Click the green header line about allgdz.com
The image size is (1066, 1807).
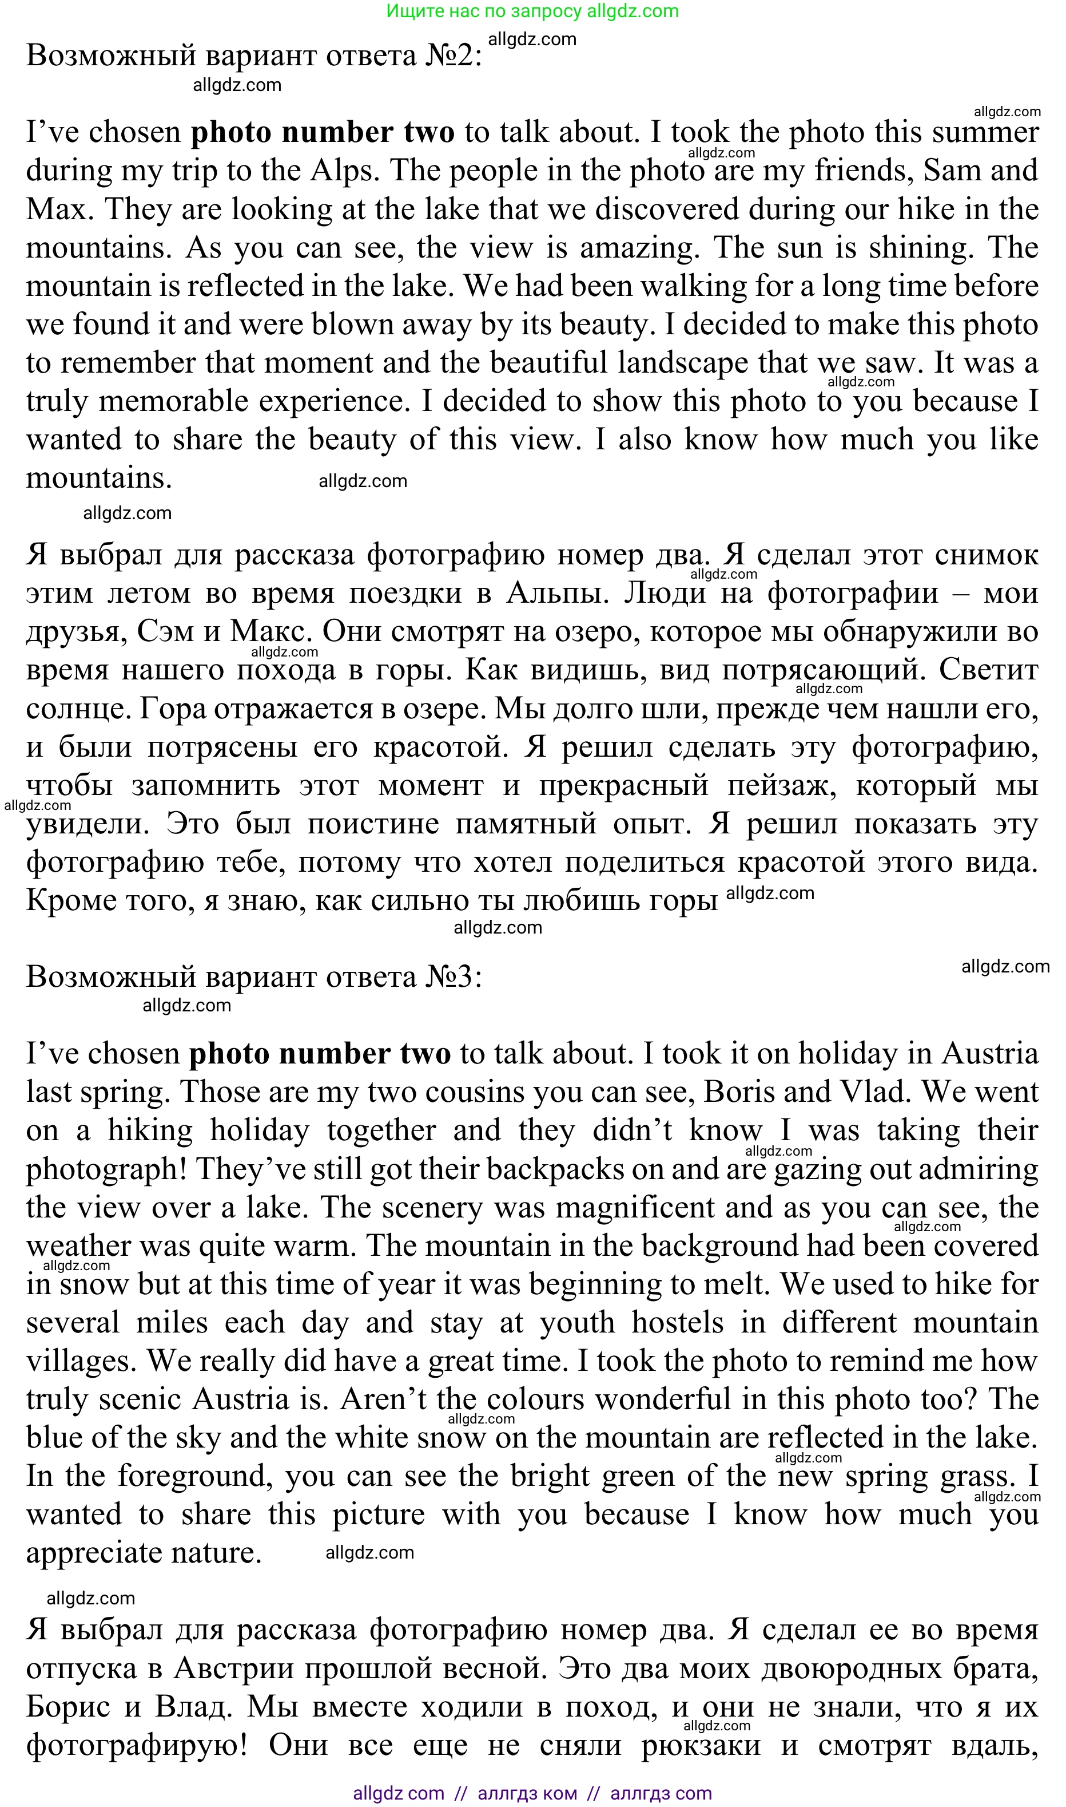tap(532, 11)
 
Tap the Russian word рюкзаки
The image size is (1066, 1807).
tap(701, 1745)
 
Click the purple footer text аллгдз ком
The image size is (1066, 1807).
tap(527, 1793)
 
